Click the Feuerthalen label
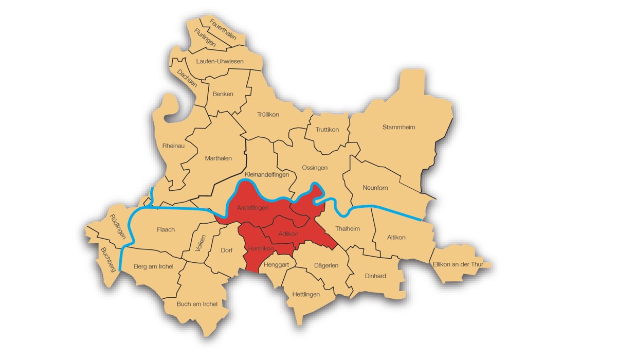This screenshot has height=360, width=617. (x=223, y=29)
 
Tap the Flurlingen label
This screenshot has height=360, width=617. (x=205, y=38)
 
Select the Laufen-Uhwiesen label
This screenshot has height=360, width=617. (x=220, y=61)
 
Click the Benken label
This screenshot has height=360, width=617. (x=223, y=94)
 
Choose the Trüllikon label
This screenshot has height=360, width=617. (x=268, y=115)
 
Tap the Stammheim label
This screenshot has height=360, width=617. (x=398, y=127)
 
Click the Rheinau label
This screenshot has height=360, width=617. (x=173, y=146)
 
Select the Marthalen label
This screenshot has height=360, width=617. (x=218, y=158)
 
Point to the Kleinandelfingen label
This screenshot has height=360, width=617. (x=267, y=174)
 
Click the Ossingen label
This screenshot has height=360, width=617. (x=315, y=168)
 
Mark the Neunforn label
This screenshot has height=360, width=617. (x=375, y=188)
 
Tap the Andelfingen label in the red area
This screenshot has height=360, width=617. (x=252, y=208)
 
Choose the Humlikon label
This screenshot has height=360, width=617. (x=260, y=248)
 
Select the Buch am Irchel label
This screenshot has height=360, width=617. (x=196, y=304)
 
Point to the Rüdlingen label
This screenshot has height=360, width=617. (x=118, y=227)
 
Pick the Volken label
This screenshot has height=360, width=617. (x=201, y=243)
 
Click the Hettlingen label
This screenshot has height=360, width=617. (x=305, y=295)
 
